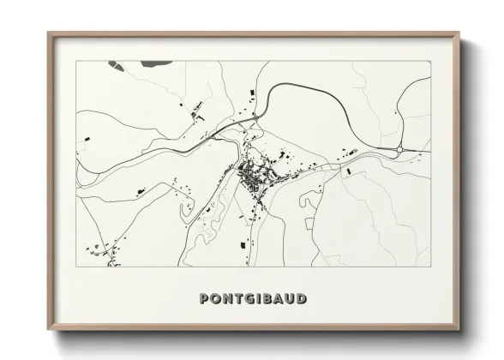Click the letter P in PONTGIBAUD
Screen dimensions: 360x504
(x=204, y=299)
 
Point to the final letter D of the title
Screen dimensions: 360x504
(x=302, y=299)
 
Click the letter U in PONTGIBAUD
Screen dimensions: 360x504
(x=290, y=299)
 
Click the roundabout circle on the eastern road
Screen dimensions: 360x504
(x=399, y=149)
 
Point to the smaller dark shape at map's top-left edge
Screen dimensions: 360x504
(x=114, y=63)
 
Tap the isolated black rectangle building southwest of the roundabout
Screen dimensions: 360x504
(x=348, y=171)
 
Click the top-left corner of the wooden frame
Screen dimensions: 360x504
(x=49, y=33)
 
